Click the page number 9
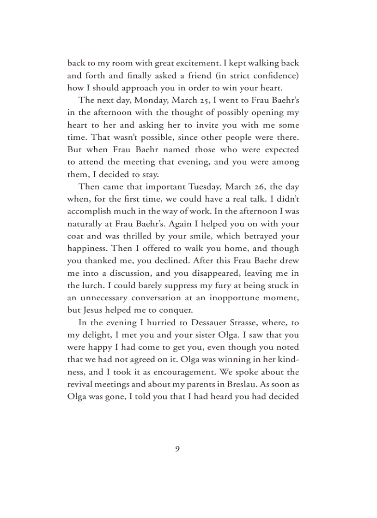[177, 449]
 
